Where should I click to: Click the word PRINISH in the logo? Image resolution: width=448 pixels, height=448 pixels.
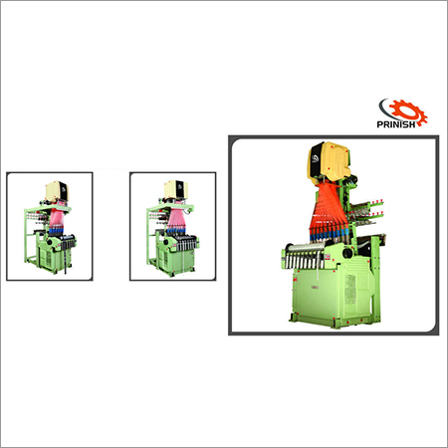point(396,124)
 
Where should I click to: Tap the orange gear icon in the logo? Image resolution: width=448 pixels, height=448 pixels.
point(408,112)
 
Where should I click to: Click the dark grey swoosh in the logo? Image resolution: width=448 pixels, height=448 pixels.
point(386,110)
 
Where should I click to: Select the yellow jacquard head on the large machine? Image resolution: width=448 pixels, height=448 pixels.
point(329,161)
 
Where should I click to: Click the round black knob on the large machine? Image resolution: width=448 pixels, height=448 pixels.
point(347,253)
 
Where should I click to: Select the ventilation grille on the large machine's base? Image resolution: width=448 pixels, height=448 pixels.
point(349,288)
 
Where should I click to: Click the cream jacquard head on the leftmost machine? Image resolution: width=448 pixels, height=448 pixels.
point(57,191)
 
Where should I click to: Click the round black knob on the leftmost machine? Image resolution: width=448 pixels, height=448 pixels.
point(50,242)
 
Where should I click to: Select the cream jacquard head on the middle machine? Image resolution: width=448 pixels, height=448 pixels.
point(176,190)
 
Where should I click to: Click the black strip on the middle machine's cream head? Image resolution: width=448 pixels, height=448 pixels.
point(180,188)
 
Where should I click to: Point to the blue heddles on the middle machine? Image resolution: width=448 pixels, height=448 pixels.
point(174,230)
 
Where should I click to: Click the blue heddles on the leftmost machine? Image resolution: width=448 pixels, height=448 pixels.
point(56,231)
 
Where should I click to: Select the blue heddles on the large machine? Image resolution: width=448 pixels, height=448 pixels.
point(329,234)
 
